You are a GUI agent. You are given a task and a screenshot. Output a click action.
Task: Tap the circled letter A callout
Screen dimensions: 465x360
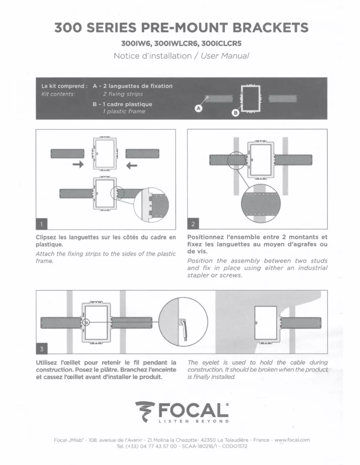tap(198, 108)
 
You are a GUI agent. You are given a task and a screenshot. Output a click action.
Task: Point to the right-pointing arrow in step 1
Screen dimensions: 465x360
tap(78, 166)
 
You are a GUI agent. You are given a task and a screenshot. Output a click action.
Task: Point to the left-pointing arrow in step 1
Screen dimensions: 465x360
tap(132, 166)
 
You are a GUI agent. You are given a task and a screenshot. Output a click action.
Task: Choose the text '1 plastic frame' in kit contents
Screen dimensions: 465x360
tap(124, 112)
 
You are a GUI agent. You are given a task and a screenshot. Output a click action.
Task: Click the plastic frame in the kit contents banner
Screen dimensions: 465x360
tap(251, 98)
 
